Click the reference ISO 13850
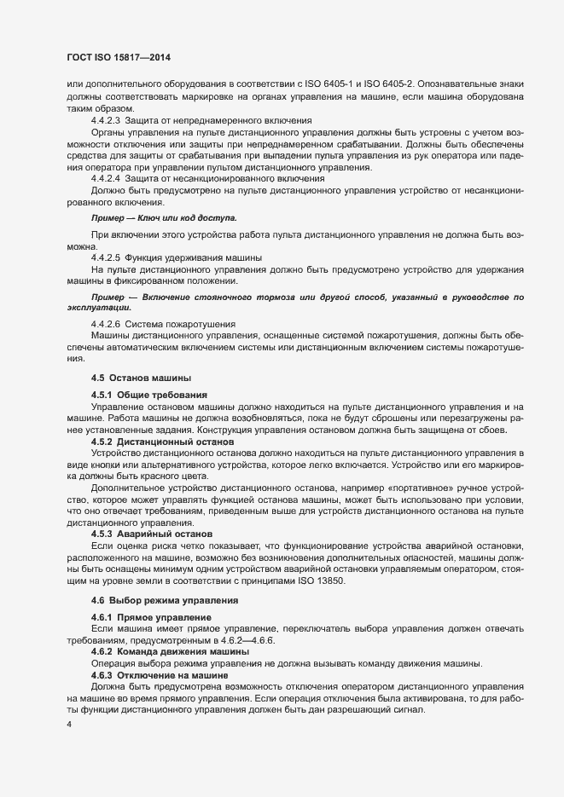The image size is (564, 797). (320, 580)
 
